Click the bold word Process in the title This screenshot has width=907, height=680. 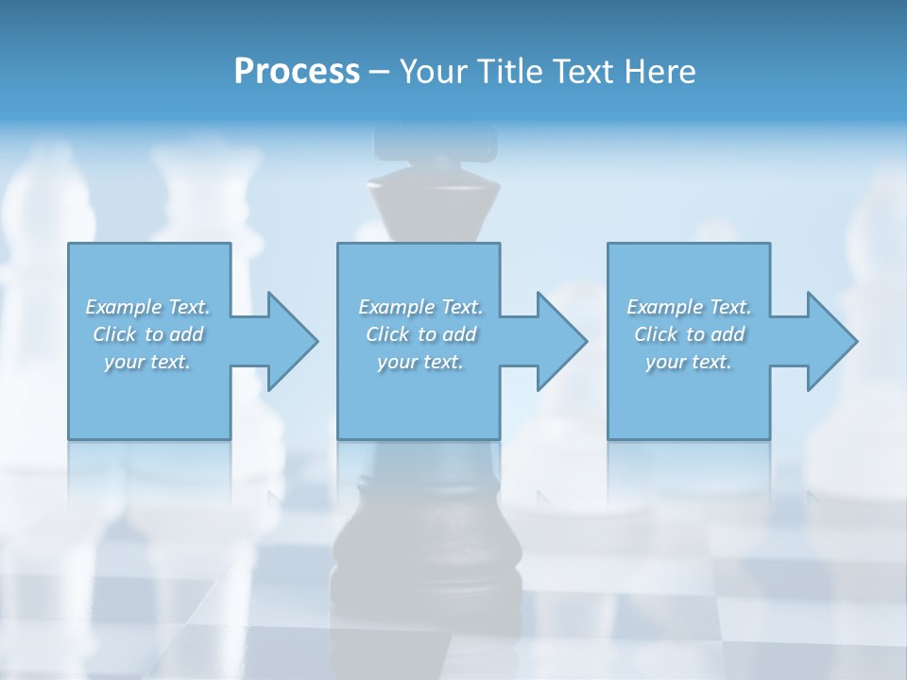pos(297,72)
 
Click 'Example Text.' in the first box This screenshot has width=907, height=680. pos(147,307)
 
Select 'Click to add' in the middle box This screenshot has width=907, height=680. pos(420,334)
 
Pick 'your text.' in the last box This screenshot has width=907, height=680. pos(688,362)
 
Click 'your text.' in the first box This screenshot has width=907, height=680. pos(147,362)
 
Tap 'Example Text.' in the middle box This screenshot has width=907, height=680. pos(420,307)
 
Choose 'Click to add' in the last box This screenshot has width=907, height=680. pos(689,334)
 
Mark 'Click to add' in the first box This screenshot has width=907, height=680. pos(148,334)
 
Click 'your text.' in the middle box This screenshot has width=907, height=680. pos(419,362)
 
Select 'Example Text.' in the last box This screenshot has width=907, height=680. pos(689,307)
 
